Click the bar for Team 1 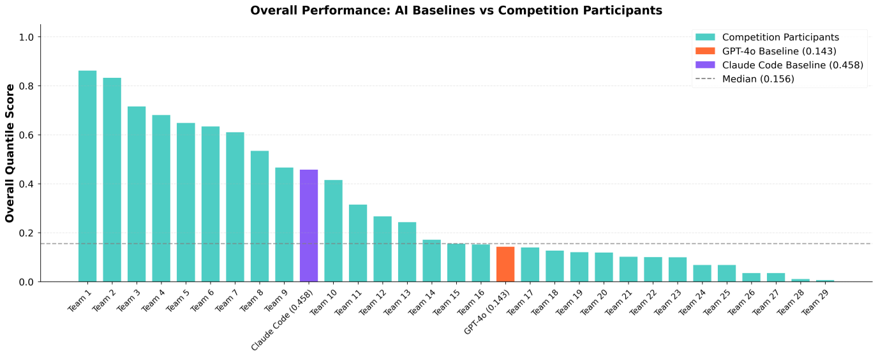click(x=87, y=176)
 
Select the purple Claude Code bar click(x=309, y=225)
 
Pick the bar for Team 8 click(x=260, y=216)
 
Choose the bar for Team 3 click(x=137, y=194)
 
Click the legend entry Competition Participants click(x=780, y=37)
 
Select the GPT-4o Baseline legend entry click(x=779, y=51)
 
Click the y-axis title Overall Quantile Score click(x=10, y=153)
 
